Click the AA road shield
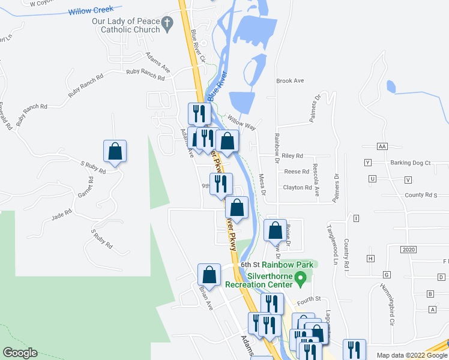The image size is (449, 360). [x=382, y=146]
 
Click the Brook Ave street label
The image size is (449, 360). [x=290, y=80]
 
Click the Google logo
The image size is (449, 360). [x=20, y=353]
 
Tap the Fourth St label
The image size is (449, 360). [x=310, y=298]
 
